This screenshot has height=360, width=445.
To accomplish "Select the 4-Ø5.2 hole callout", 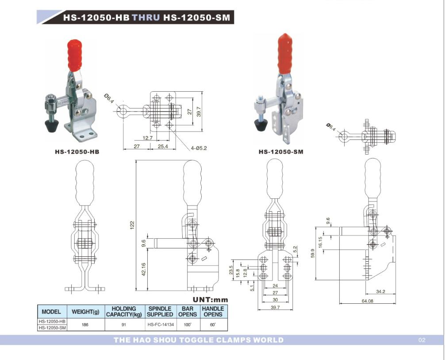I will coord(199,148).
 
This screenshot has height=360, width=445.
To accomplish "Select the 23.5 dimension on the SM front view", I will coord(230,270).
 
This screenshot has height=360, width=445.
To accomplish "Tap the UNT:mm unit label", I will coord(210,300).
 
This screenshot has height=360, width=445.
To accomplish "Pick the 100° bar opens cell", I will coord(188,325).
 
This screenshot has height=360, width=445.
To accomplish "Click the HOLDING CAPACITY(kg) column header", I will coord(124,311).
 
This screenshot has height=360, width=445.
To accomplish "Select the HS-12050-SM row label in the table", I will coord(52,328).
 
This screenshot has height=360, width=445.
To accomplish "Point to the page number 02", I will coord(421,340).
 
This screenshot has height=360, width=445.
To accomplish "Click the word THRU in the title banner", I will coord(146,18).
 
